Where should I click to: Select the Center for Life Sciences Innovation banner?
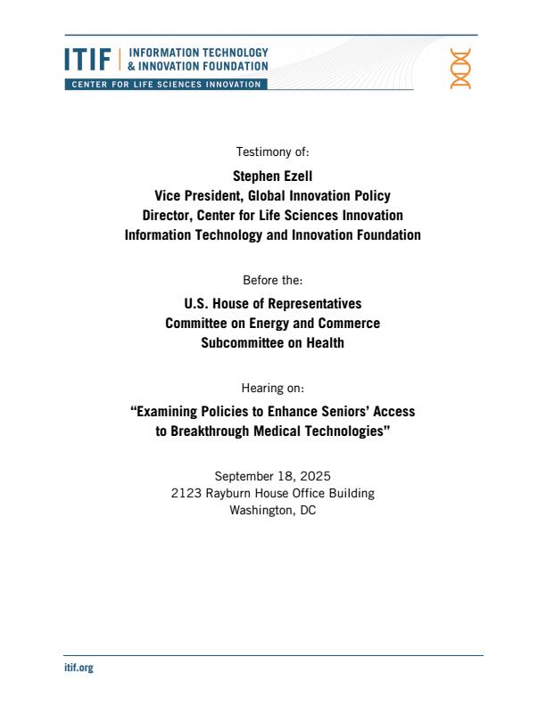[x=164, y=85]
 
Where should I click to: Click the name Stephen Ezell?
[x=272, y=176]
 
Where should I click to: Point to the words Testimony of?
[x=272, y=151]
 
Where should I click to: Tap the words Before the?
[x=272, y=279]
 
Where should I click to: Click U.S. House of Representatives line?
[x=272, y=303]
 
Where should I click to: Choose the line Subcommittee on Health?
[x=272, y=342]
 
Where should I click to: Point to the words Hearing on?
[x=272, y=388]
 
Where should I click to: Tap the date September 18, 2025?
[x=272, y=476]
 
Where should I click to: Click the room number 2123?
[x=188, y=493]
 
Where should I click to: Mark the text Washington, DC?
[x=272, y=511]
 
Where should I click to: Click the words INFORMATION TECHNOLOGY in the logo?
[x=198, y=53]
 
